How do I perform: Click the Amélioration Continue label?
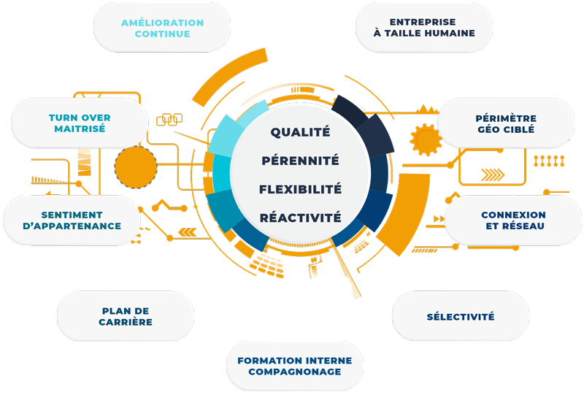pos(162,28)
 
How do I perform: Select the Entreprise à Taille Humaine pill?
pos(424,28)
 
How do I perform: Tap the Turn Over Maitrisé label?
pos(80,123)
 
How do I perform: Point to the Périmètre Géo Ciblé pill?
pos(506,123)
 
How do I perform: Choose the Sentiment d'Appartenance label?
pos(72,220)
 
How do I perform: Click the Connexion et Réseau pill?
pos(513,220)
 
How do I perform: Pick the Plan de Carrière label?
pos(126,316)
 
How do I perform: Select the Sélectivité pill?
pos(461,316)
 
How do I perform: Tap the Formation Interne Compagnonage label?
pos(295,366)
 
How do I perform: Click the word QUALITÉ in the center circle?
pos(300,132)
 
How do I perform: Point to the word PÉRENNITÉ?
pos(300,161)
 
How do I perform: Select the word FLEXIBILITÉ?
pos(300,189)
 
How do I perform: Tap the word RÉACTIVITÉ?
pos(300,218)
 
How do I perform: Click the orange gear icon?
pos(426,139)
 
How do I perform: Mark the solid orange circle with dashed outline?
pos(136,167)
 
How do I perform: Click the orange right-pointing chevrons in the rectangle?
pos(493,175)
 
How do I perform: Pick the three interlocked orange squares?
pos(169,119)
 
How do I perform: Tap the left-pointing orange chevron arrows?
pos(188,232)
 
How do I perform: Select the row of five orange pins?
pos(549,161)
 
